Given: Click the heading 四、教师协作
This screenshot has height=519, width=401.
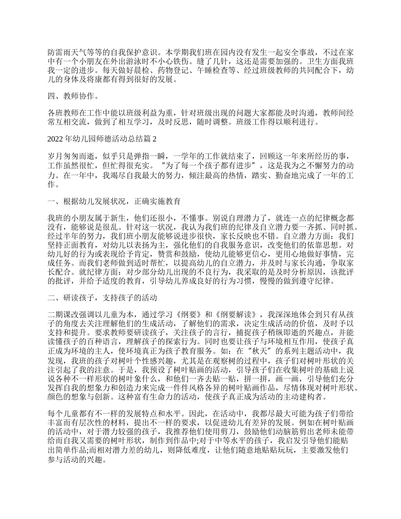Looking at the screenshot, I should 67,97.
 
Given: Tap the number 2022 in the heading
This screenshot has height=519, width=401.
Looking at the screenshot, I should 55,138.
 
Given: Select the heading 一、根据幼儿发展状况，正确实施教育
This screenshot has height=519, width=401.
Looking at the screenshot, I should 114,201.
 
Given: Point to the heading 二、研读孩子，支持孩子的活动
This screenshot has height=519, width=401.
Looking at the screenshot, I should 102,298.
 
